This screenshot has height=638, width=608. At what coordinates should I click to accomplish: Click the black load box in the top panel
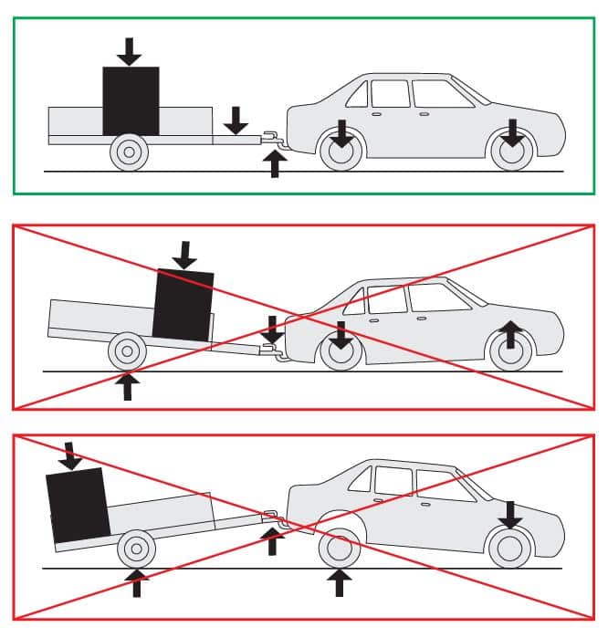(131, 100)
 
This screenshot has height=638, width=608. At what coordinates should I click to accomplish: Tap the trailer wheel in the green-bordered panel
(129, 152)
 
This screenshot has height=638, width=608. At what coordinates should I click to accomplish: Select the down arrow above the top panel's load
(130, 51)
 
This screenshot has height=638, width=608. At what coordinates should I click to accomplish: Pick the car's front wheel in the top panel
(511, 152)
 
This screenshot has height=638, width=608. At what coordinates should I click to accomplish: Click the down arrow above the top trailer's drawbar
(236, 120)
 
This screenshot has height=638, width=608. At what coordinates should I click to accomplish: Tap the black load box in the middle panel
(183, 304)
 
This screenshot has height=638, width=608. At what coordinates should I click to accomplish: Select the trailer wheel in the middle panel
(126, 350)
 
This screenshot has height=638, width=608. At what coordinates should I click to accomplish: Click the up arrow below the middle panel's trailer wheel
(127, 385)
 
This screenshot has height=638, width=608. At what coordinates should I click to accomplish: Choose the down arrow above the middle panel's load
(185, 254)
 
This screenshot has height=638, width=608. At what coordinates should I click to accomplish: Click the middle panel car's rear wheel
(341, 350)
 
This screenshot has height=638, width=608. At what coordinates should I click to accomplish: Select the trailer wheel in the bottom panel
(136, 549)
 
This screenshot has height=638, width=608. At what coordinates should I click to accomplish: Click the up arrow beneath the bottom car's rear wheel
(340, 581)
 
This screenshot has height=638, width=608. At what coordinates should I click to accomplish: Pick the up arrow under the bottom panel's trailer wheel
(137, 582)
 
